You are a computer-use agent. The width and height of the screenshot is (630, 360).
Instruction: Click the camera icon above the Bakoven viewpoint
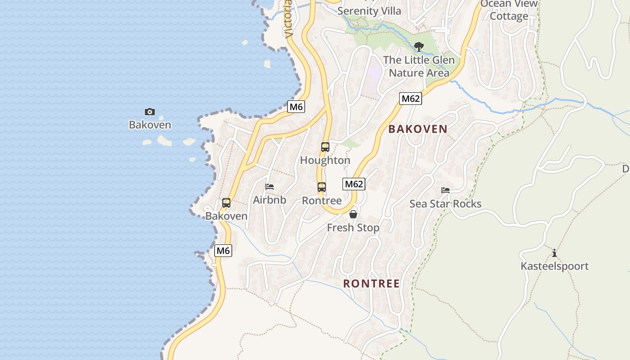(x=150, y=112)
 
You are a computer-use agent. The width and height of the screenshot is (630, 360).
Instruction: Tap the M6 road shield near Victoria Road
(x=296, y=107)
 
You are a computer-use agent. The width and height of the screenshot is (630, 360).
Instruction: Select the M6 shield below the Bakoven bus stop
(x=223, y=251)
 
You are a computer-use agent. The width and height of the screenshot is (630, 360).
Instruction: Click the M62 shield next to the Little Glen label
(x=410, y=99)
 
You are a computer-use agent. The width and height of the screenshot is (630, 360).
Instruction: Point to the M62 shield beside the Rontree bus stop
(x=354, y=184)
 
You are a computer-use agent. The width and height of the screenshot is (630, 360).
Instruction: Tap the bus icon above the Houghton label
(x=325, y=147)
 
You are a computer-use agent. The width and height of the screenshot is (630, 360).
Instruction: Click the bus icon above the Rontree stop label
(x=321, y=187)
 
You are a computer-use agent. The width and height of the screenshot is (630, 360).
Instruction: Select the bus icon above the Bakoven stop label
(x=226, y=203)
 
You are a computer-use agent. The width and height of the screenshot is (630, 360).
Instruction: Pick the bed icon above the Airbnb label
(x=270, y=187)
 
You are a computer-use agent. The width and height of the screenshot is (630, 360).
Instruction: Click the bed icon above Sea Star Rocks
(x=445, y=190)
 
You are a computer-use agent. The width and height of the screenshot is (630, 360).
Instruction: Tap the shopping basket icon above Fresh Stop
(x=353, y=214)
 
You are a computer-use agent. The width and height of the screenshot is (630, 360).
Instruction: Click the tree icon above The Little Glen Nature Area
(x=419, y=46)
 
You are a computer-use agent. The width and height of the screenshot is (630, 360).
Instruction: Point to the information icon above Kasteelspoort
(x=554, y=253)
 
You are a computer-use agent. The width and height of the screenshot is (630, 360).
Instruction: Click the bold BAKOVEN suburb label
(x=418, y=129)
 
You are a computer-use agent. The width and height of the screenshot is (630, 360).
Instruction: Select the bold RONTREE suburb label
(x=371, y=283)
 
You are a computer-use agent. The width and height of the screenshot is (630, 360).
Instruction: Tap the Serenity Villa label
(x=369, y=11)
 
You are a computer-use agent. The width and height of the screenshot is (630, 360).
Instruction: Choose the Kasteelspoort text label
(x=554, y=266)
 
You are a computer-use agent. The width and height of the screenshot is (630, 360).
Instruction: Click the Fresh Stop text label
(x=353, y=228)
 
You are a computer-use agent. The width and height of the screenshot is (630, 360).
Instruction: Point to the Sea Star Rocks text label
(x=445, y=204)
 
